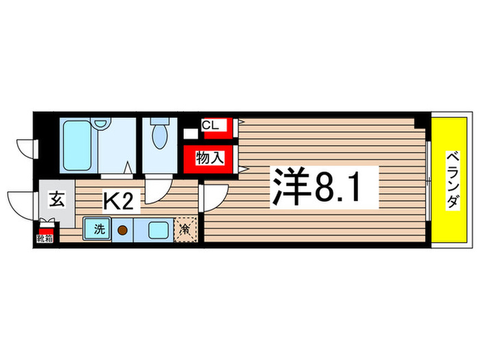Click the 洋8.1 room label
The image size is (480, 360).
tap(316, 187)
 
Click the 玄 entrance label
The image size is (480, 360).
tap(57, 201)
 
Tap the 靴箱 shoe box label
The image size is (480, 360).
tap(45, 240)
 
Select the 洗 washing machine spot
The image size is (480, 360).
tap(97, 227)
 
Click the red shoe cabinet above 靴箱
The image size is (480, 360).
tap(45, 230)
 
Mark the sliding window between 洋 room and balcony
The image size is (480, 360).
tap(428, 180)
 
